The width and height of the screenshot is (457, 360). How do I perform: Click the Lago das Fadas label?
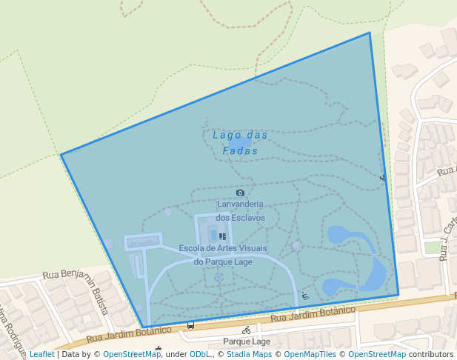coord(240,143)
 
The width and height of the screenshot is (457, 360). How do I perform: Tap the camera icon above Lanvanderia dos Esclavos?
coord(240,193)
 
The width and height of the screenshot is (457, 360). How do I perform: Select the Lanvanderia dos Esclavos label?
coord(241,211)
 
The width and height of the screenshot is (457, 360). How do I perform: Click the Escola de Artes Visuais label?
coord(223,255)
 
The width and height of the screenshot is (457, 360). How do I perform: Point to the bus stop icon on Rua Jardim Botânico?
coord(190,324)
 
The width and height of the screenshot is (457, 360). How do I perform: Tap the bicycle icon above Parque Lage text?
coord(246,330)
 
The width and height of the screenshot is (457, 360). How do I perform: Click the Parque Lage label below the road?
coord(247,342)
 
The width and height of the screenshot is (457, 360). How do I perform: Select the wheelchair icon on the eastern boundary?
coord(382,178)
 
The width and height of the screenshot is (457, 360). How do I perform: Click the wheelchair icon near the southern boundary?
coord(305,296)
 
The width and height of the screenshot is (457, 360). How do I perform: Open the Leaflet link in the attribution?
coord(41,355)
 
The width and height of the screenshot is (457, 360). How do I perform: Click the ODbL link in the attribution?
coord(200,355)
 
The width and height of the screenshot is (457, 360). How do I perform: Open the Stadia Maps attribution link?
coord(249,355)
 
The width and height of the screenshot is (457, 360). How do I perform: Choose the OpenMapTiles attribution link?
coord(310,355)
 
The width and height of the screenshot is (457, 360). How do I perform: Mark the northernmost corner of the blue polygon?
coord(369,33)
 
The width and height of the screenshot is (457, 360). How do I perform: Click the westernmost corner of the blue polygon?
coord(61,154)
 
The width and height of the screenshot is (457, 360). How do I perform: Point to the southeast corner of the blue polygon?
coord(398,294)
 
